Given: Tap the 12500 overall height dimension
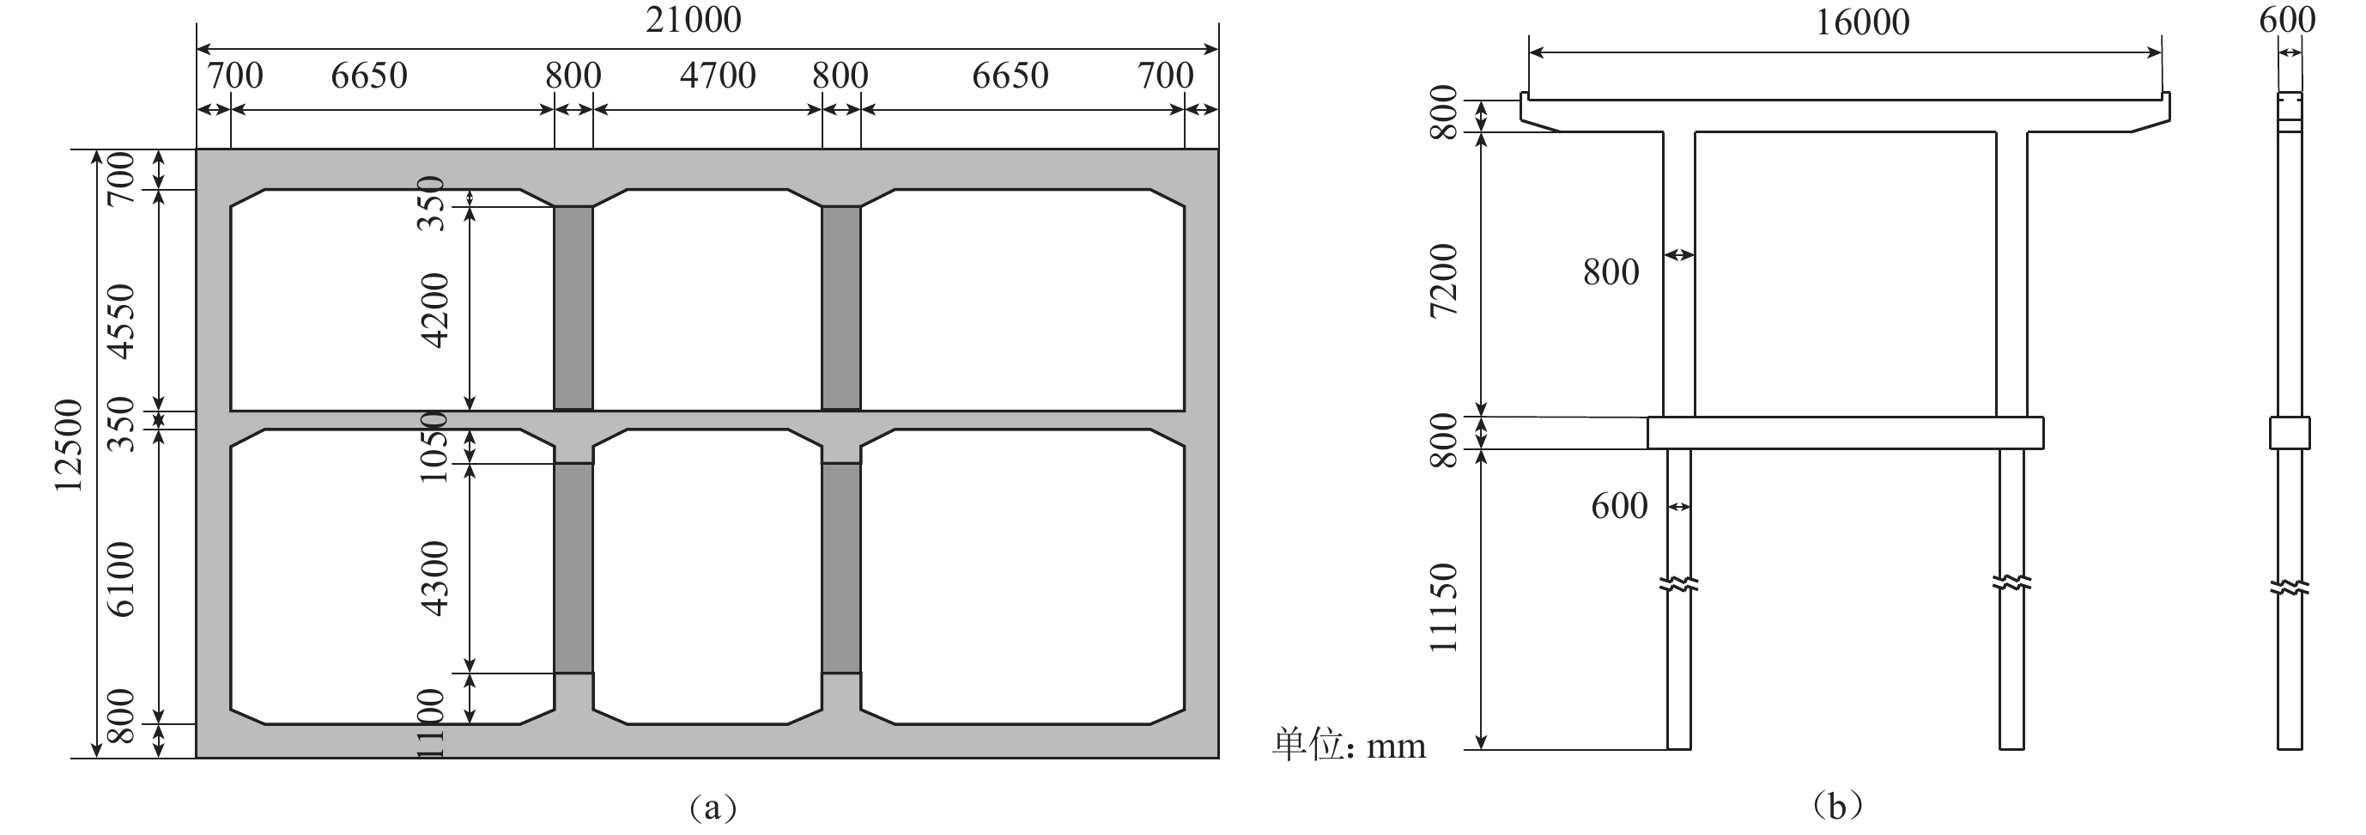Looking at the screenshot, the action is pyautogui.click(x=68, y=446).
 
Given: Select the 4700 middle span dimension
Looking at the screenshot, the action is pyautogui.click(x=718, y=76).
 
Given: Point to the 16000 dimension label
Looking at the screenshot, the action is pyautogui.click(x=1863, y=22).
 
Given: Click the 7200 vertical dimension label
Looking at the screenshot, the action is pyautogui.click(x=1444, y=280).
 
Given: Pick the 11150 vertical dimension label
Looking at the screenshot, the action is pyautogui.click(x=1444, y=608).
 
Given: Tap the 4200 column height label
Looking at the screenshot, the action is pyautogui.click(x=434, y=310).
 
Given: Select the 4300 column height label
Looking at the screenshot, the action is pyautogui.click(x=434, y=578).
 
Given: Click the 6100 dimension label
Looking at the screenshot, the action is pyautogui.click(x=120, y=579).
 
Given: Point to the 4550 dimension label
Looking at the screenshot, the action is pyautogui.click(x=120, y=321).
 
